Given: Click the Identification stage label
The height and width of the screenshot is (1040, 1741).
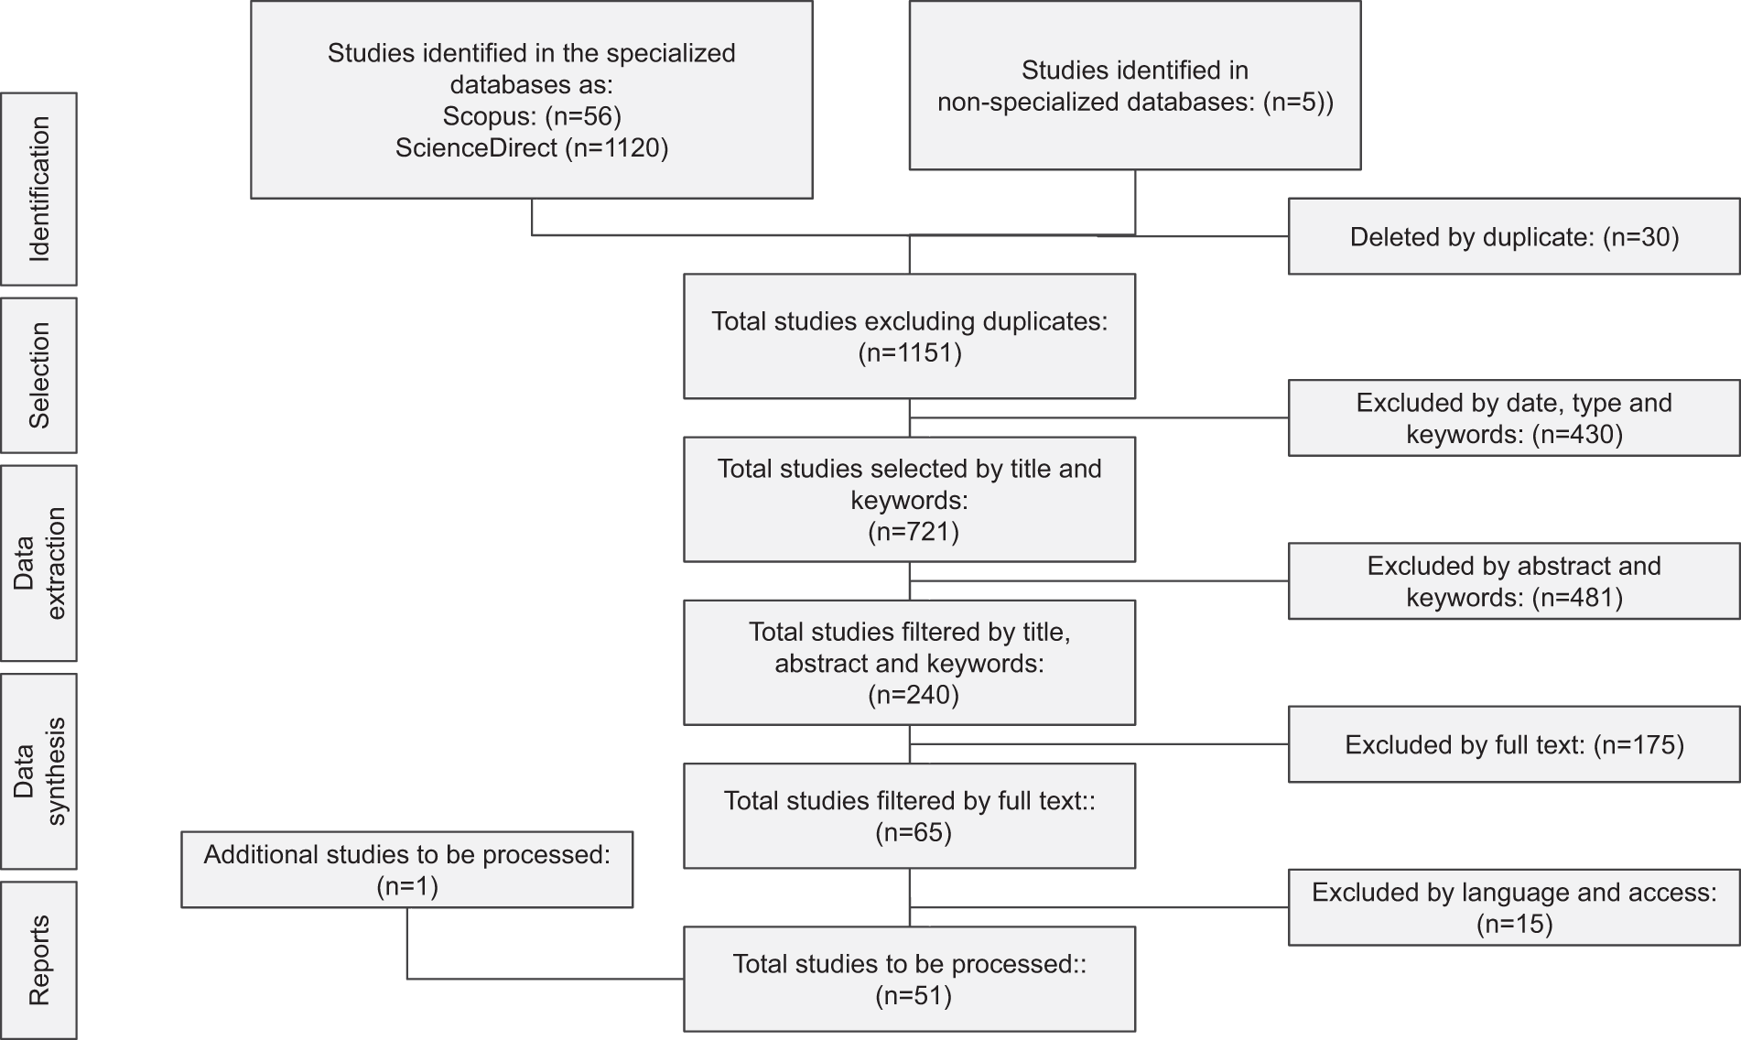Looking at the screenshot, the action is pyautogui.click(x=38, y=189).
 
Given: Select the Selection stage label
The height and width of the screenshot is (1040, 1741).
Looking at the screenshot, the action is pyautogui.click(x=38, y=375).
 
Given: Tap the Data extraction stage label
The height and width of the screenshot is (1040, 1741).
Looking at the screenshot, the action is pyautogui.click(x=38, y=563).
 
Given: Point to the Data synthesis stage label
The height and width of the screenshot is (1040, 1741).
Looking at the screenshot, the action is pyautogui.click(x=38, y=772).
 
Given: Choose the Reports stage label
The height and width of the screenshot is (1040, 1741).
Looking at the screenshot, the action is pyautogui.click(x=38, y=960).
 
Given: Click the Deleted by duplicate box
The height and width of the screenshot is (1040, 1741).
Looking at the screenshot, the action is pyautogui.click(x=1514, y=236).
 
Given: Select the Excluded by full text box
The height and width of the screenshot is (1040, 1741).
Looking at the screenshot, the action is pyautogui.click(x=1514, y=744).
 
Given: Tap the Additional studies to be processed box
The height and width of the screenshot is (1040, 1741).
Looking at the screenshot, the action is pyautogui.click(x=407, y=870).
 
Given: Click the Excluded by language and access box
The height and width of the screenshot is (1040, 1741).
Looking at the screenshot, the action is pyautogui.click(x=1514, y=907).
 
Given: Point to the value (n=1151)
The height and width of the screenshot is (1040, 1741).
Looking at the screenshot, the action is pyautogui.click(x=910, y=353).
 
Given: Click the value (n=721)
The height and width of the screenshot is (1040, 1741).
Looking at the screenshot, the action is pyautogui.click(x=914, y=532).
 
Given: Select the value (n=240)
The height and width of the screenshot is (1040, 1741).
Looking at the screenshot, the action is pyautogui.click(x=914, y=695).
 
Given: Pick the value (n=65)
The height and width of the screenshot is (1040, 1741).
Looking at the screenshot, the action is pyautogui.click(x=914, y=832).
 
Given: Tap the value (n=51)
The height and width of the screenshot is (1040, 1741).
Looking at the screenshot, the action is pyautogui.click(x=914, y=995).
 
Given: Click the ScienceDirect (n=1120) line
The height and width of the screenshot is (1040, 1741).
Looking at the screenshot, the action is pyautogui.click(x=532, y=147).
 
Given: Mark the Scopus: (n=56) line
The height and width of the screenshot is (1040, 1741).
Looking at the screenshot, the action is pyautogui.click(x=532, y=116).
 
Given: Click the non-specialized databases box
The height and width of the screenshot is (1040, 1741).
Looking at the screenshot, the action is pyautogui.click(x=1135, y=85).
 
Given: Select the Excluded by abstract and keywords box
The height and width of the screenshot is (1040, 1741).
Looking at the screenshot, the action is pyautogui.click(x=1514, y=581).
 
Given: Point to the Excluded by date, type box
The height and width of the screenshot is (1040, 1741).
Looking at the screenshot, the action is pyautogui.click(x=1514, y=418).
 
